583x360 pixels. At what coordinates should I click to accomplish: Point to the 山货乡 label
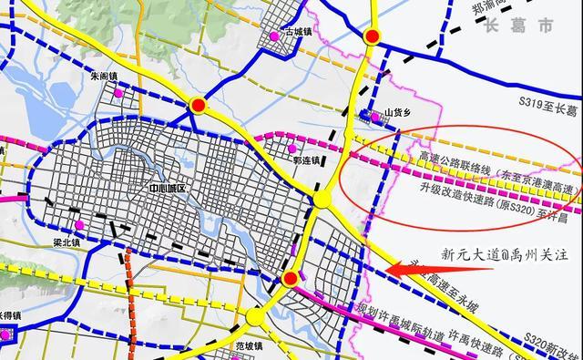[400, 112]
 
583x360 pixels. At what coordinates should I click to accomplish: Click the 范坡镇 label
[249, 345]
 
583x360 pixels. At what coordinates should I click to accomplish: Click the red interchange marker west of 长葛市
[372, 37]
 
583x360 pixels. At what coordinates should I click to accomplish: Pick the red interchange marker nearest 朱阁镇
[198, 108]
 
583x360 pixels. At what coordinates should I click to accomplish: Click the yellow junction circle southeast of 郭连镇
[320, 200]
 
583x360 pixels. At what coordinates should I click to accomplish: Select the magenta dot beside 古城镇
[273, 36]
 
